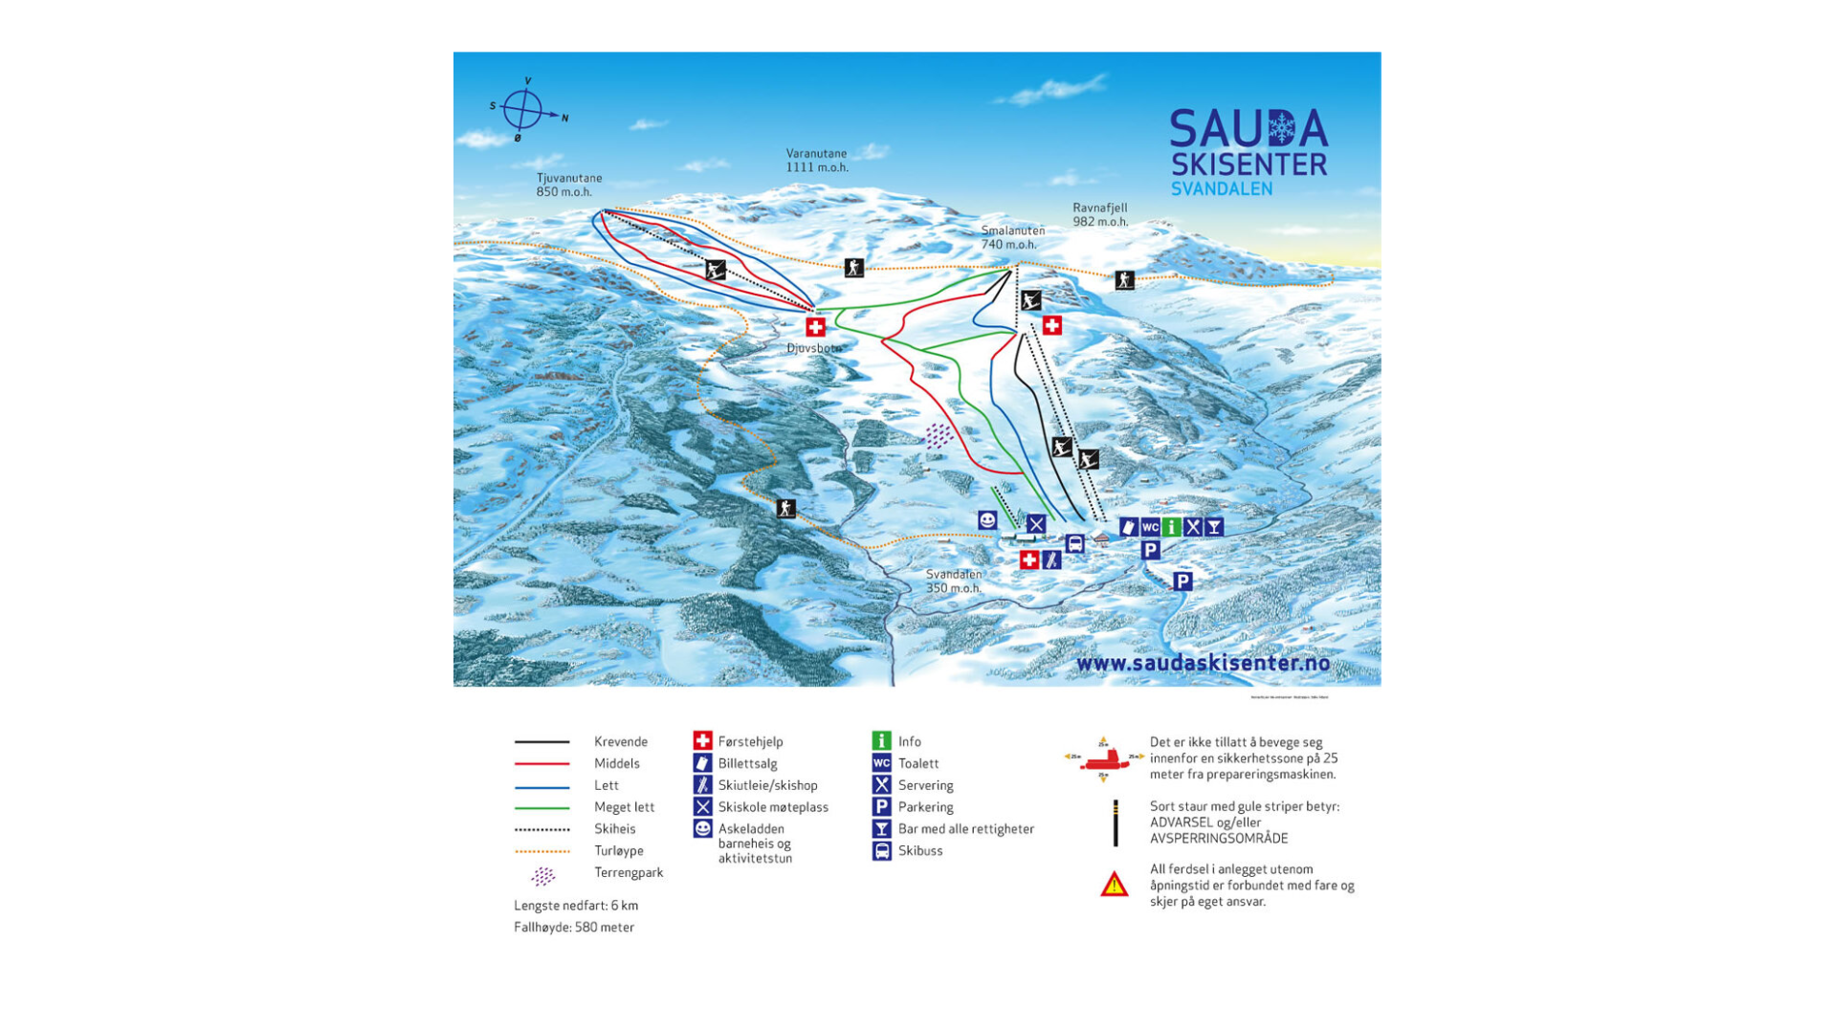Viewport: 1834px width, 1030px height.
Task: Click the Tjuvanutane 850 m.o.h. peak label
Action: coord(568,185)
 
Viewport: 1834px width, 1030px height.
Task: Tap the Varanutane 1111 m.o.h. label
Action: coord(816,160)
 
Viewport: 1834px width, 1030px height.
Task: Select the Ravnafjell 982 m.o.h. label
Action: coord(1099,214)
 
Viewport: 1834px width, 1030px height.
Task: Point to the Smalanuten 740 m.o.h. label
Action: coord(1012,237)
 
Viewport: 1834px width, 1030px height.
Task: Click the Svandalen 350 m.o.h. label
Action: coord(953,581)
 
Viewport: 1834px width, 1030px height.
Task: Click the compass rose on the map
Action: coord(523,110)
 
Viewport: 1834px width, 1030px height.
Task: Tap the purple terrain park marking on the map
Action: coord(939,436)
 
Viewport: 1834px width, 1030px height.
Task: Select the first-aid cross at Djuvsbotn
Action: coord(815,327)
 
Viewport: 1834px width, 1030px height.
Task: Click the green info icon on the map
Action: coord(1171,527)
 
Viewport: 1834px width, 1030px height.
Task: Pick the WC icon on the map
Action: coord(1150,527)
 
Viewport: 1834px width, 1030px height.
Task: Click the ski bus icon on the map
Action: coord(1075,544)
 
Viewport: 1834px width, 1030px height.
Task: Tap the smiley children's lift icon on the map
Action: coord(987,520)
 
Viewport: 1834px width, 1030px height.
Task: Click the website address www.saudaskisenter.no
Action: coord(1203,663)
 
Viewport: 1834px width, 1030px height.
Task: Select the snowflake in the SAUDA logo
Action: coord(1280,127)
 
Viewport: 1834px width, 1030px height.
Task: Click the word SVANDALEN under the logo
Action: coord(1221,189)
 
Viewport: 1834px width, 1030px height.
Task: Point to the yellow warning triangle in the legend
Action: coord(1114,885)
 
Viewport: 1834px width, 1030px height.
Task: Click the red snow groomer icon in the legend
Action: coord(1103,759)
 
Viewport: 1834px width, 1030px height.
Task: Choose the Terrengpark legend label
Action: coord(628,872)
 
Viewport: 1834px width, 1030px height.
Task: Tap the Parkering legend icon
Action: coord(881,807)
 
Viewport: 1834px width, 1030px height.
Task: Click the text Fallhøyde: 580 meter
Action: coord(574,927)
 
